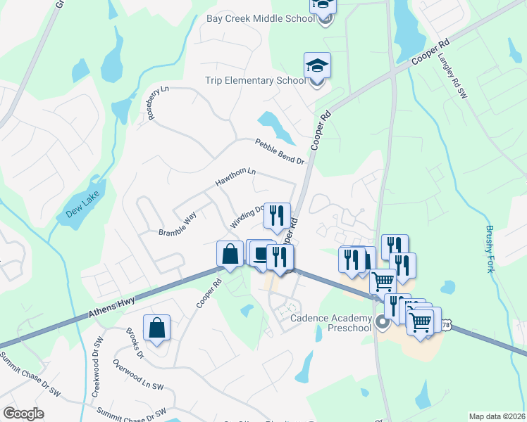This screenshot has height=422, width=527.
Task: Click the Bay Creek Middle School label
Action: tap(260, 18)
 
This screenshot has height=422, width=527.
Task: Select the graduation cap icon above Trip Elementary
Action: tap(317, 67)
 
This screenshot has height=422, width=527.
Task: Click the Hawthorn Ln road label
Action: tap(235, 179)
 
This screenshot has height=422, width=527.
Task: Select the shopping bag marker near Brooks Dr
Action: tap(156, 328)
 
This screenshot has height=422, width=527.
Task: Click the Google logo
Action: tap(23, 414)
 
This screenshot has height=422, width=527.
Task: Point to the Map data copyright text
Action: tap(497, 416)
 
